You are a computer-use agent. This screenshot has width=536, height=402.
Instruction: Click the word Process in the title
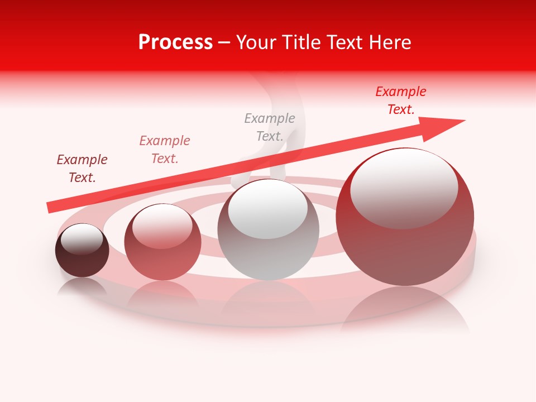click(x=175, y=42)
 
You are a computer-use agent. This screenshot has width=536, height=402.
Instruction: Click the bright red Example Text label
click(x=400, y=100)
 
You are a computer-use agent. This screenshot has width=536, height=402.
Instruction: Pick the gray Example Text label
click(x=270, y=127)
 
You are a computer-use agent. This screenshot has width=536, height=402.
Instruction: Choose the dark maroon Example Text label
click(x=82, y=169)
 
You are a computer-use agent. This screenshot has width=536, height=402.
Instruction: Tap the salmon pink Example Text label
click(x=165, y=150)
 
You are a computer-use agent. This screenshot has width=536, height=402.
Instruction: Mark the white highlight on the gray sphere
click(x=268, y=208)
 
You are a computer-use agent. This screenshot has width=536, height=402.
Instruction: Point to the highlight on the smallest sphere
click(x=82, y=239)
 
